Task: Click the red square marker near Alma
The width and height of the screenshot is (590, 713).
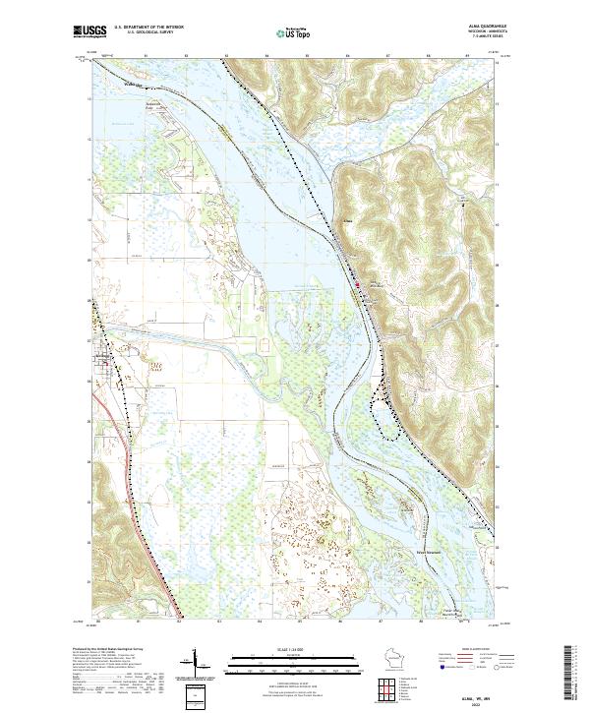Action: tap(357, 286)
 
